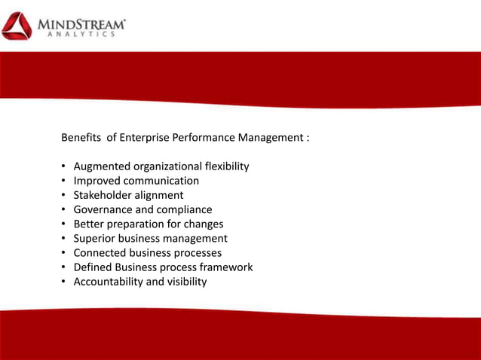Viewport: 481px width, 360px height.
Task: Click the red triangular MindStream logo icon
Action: [17, 26]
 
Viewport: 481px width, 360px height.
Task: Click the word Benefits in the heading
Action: [81, 139]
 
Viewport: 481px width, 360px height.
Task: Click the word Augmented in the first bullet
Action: [102, 166]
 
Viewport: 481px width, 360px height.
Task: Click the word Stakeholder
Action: [103, 195]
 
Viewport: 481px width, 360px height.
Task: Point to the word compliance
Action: [184, 209]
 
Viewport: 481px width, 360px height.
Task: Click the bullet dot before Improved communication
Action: [64, 182]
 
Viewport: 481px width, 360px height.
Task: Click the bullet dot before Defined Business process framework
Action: [64, 267]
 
